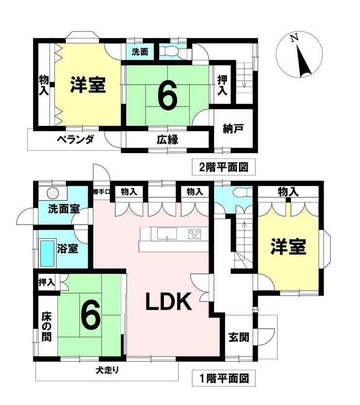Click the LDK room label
(169, 301)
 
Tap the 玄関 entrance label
(239, 337)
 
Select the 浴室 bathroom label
(67, 248)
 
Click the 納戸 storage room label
(234, 128)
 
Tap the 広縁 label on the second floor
(167, 140)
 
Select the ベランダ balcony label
(75, 140)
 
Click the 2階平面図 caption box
(224, 167)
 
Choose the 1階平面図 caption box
(224, 378)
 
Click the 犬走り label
(107, 370)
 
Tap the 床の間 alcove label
(47, 327)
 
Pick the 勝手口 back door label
(102, 192)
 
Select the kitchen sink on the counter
(167, 234)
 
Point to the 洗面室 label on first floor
(64, 209)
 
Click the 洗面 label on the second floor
(140, 52)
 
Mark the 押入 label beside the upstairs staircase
(222, 86)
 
